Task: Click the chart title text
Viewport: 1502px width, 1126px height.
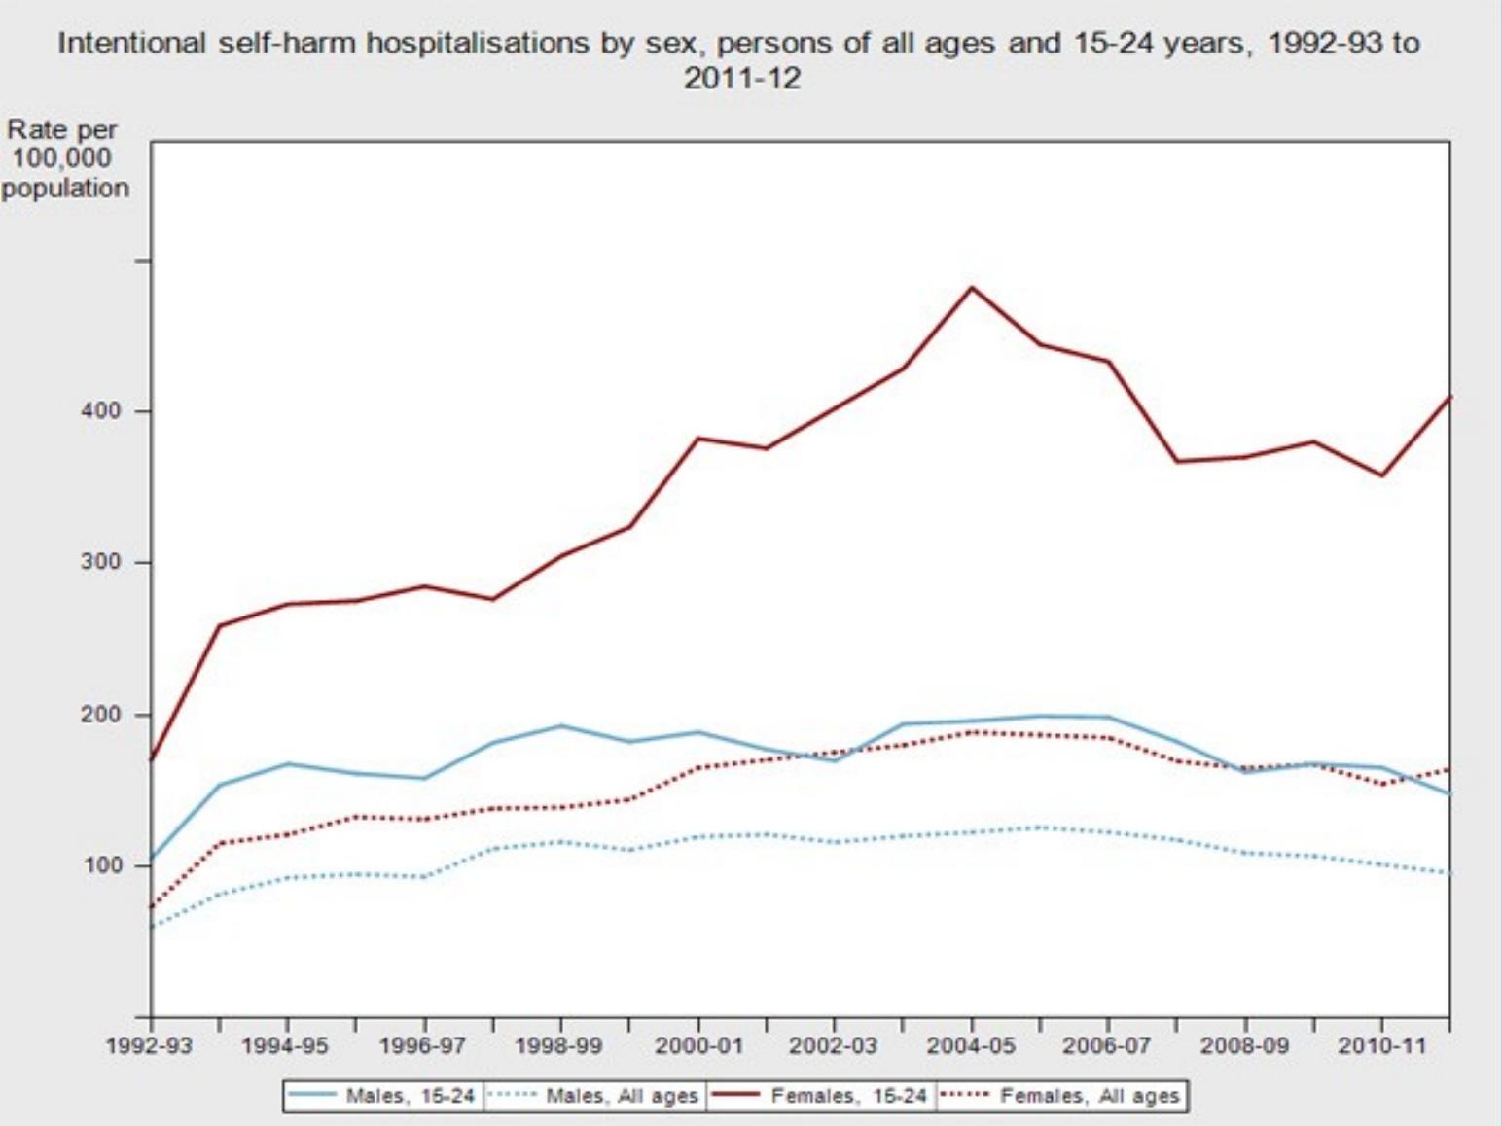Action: tap(739, 58)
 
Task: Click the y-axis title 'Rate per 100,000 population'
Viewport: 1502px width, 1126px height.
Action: tap(64, 158)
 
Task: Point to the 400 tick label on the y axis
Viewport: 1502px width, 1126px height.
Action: tap(101, 411)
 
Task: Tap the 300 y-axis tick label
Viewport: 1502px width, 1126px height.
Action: tap(101, 563)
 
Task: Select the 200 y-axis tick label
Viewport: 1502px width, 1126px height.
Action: tap(101, 715)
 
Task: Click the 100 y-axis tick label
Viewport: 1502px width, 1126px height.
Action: tap(101, 865)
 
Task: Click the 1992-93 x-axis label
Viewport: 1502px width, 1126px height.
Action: tap(151, 1046)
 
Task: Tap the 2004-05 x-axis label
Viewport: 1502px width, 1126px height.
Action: tap(971, 1046)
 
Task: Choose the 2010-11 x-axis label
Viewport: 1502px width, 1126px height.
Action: tap(1381, 1046)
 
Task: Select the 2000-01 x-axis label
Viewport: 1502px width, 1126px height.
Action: tap(697, 1046)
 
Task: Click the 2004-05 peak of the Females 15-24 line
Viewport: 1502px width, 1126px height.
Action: tap(971, 288)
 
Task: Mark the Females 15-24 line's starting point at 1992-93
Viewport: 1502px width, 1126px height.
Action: tap(152, 759)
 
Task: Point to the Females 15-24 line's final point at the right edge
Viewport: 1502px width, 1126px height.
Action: tap(1449, 397)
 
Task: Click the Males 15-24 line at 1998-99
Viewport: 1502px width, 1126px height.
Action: tap(561, 725)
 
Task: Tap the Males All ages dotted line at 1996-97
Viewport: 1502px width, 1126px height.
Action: tap(424, 877)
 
